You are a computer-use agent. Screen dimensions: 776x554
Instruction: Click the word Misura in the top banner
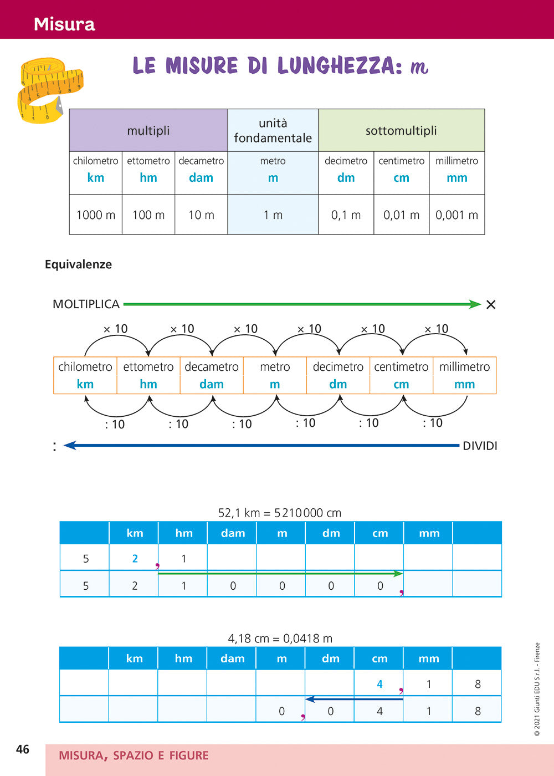(x=64, y=24)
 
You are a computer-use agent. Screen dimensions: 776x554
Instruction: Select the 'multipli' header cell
(x=148, y=131)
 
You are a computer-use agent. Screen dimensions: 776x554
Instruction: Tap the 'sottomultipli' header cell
(x=401, y=131)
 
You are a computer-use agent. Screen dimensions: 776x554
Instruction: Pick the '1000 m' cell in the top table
(x=96, y=215)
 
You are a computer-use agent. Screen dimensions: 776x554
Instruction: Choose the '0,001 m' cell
(x=456, y=215)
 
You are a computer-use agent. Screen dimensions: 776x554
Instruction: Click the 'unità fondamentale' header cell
(x=273, y=131)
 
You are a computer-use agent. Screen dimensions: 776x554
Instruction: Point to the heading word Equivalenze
(x=78, y=264)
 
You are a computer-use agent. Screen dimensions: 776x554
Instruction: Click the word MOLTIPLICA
(x=86, y=304)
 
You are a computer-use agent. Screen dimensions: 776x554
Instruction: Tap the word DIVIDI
(x=480, y=446)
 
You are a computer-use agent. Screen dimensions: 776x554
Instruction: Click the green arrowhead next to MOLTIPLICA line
(x=475, y=304)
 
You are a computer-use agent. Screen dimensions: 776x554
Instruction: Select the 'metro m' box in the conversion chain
(x=275, y=375)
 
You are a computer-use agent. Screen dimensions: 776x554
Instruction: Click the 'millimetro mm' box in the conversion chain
(x=464, y=375)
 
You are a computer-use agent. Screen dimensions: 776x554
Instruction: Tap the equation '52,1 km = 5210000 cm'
(x=280, y=513)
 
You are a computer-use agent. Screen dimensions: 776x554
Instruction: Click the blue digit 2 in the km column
(x=135, y=559)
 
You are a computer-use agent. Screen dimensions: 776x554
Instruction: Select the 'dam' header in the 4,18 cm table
(x=233, y=658)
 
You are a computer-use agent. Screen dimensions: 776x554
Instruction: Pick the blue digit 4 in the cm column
(x=379, y=685)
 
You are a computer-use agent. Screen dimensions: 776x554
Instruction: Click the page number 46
(x=23, y=749)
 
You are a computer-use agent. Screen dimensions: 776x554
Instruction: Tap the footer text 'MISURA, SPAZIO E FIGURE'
(x=134, y=755)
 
